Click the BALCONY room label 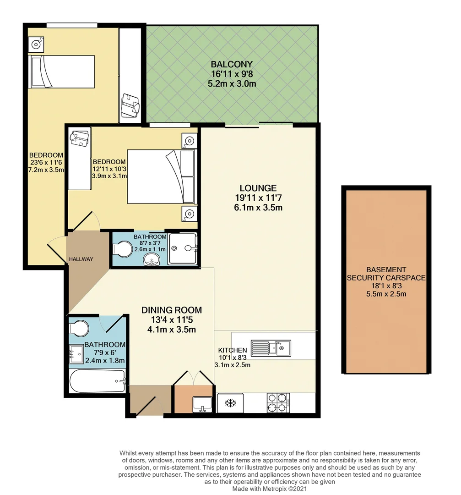231,64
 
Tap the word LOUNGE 258,188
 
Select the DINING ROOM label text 172,310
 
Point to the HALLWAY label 81,259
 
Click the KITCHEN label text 232,350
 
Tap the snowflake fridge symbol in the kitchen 230,403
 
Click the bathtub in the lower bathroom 97,381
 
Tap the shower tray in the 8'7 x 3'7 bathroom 183,249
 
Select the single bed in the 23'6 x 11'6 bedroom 61,71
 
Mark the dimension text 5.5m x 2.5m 386,294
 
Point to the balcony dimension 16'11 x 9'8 231,74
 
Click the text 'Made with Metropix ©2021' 270,489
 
